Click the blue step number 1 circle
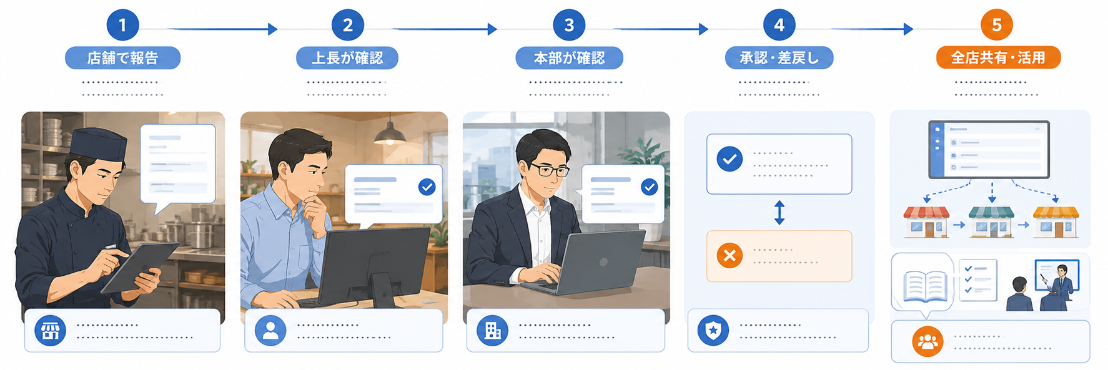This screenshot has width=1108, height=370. pos(122,25)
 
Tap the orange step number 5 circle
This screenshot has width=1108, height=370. pos(997,25)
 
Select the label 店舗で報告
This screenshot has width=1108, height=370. pos(122,58)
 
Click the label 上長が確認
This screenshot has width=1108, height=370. pos(347,58)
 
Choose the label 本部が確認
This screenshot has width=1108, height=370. pos(569,58)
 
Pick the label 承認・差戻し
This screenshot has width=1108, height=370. pos(779,58)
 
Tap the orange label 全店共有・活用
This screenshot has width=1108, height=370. pos(998,57)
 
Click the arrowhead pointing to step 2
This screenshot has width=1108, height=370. pos(272,29)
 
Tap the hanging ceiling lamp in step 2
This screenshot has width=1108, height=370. pos(390,132)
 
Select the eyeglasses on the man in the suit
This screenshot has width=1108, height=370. pos(548,169)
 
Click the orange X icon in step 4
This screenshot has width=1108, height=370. pos(730,255)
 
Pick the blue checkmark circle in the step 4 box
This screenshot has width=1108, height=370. pos(730,159)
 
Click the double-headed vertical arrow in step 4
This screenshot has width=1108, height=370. pos(779,212)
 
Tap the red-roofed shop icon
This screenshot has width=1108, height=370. pos(926,222)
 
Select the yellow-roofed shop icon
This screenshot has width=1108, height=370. pos(1056,222)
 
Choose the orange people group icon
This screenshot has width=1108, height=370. pos(927,341)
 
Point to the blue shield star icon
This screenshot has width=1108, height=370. pos(713,330)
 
